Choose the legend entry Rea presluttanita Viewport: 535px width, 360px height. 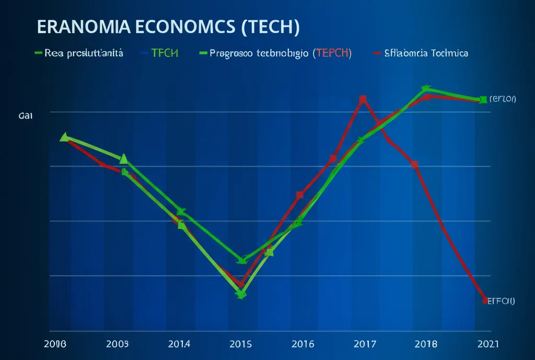pos(84,53)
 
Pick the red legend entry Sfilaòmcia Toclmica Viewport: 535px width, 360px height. pos(426,53)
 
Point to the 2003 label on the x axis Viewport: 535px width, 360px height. pos(117,344)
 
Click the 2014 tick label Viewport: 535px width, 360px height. pos(179,344)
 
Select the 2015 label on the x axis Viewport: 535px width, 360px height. pos(240,344)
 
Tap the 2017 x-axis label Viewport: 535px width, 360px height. pos(364,344)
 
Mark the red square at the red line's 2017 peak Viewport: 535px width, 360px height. pos(363,99)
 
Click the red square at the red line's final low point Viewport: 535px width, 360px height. pos(485,300)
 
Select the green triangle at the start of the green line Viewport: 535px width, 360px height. pos(64,137)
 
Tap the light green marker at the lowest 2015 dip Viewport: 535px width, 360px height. pos(241,294)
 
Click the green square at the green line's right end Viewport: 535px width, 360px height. pos(483,99)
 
